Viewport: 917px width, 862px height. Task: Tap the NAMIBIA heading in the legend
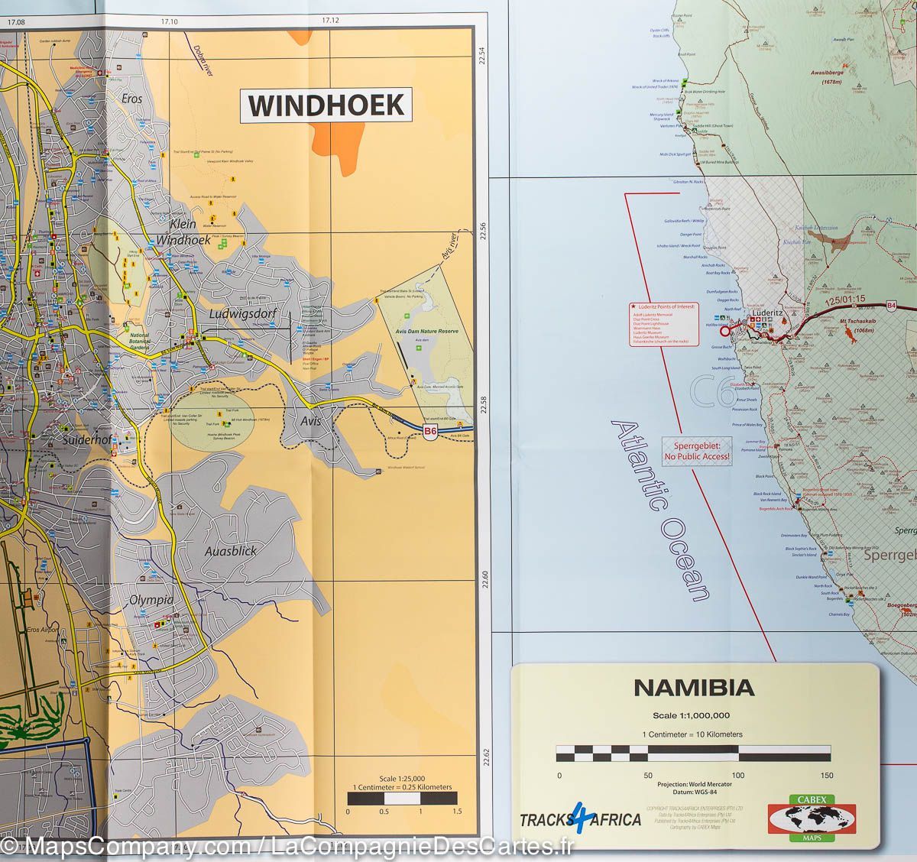(694, 688)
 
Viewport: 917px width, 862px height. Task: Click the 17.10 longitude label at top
(168, 21)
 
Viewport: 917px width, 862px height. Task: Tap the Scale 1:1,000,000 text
(693, 715)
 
